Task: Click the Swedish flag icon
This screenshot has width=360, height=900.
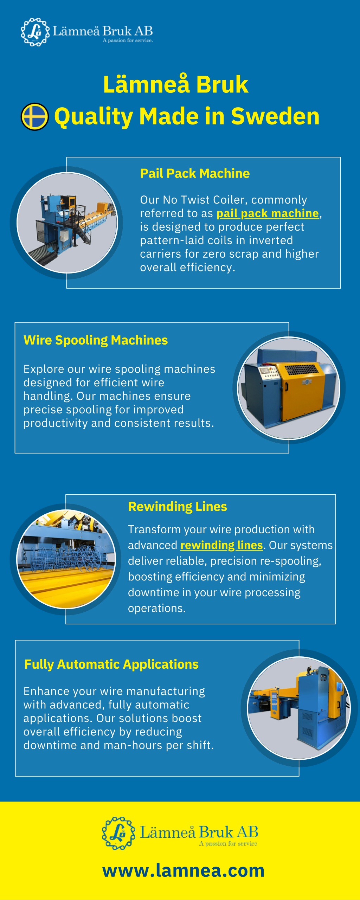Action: click(x=34, y=116)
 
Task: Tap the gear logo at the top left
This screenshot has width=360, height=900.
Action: click(x=35, y=32)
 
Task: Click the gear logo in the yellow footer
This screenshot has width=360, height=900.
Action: click(x=118, y=833)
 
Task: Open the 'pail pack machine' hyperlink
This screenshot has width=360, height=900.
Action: click(x=268, y=213)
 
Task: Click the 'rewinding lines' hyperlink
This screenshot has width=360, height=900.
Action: click(x=221, y=545)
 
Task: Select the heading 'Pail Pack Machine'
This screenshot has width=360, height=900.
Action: click(x=195, y=173)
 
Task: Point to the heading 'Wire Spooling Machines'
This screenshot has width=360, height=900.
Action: click(x=96, y=340)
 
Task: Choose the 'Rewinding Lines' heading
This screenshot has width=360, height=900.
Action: click(x=178, y=507)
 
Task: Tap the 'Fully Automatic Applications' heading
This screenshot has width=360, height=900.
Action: click(x=111, y=664)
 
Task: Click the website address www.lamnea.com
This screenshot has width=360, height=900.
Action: click(x=184, y=870)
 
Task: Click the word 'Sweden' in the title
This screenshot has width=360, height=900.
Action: click(x=275, y=116)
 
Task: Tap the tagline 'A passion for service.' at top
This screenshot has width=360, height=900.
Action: click(x=128, y=40)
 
